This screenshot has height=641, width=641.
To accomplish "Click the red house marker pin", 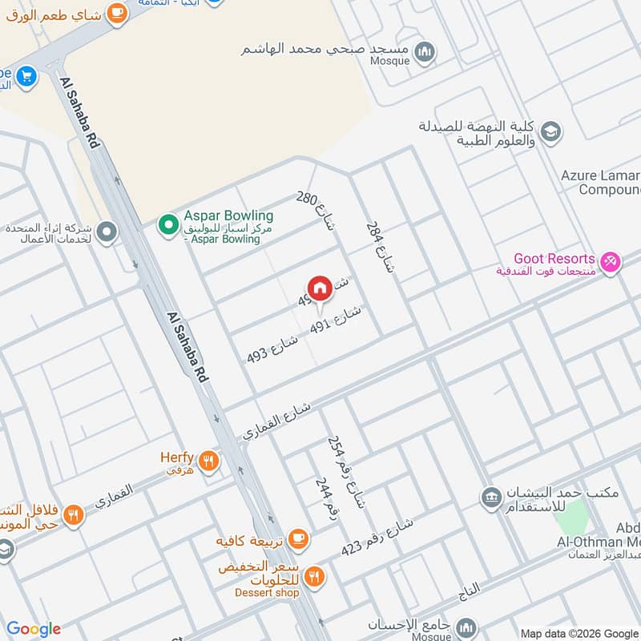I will (319, 288).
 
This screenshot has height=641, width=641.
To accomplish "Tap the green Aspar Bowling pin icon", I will (167, 224).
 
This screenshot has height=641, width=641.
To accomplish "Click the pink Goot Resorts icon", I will (611, 262).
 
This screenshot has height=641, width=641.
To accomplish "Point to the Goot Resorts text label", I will (554, 259).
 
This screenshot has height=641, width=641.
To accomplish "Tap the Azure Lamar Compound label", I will (601, 183).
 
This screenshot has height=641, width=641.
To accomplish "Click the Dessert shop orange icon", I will (315, 575).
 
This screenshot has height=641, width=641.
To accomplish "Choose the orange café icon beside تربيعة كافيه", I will (298, 538).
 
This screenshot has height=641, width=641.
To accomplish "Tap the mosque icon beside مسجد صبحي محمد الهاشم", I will (426, 50).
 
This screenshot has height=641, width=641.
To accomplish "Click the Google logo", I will (33, 629).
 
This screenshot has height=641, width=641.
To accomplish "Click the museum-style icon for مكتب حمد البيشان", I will (490, 498).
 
